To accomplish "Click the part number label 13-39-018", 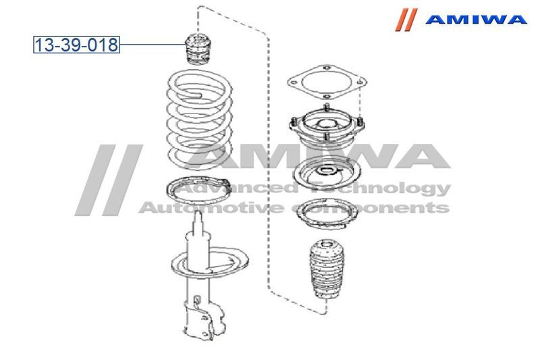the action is [x=76, y=45].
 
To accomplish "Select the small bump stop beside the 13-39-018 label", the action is [x=198, y=49].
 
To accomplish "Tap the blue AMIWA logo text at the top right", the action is [x=476, y=20].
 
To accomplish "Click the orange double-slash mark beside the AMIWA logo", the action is [x=406, y=20].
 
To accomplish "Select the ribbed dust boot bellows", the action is [x=327, y=269].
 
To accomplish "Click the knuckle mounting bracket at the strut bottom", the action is [x=206, y=319].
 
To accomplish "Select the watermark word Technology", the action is [x=380, y=189].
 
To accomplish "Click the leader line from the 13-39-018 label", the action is [x=153, y=45].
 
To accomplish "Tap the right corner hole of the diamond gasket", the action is [x=360, y=82].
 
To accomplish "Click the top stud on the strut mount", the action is [x=326, y=107].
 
